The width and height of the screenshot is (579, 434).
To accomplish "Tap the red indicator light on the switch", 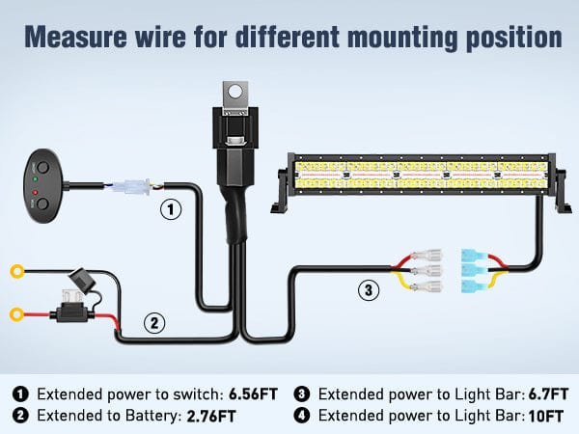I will pos(36,194).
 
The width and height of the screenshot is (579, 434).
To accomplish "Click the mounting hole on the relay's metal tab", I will pos(234,95).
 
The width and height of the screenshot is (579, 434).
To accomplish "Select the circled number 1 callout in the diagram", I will pos(170,208).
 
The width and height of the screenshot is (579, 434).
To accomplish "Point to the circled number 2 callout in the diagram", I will pos(154,323).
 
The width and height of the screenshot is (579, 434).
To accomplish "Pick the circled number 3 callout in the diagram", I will pos(368,288).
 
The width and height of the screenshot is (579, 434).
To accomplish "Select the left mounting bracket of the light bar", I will pos(285,190).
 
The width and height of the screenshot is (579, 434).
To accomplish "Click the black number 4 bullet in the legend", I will pos(301,416).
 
